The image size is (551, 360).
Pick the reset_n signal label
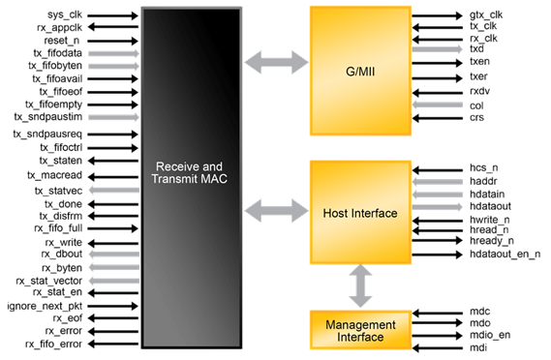pos(64,41)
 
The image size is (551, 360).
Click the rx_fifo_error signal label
pos(58,343)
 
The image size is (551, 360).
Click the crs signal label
pos(476,117)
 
